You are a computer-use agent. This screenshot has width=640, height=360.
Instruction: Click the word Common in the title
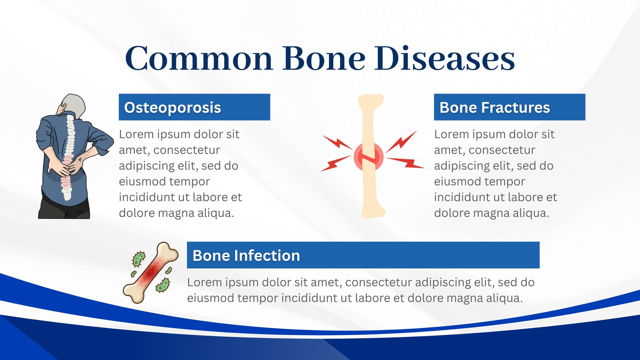point(199,58)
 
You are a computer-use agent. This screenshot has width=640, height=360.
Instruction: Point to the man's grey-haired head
point(72,105)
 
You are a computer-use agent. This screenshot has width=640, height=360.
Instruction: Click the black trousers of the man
point(64,207)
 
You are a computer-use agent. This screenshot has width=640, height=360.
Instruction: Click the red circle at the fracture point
point(368,156)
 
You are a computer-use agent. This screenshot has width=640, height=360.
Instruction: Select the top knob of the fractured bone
point(371,100)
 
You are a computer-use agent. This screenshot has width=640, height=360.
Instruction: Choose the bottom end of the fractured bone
point(373,212)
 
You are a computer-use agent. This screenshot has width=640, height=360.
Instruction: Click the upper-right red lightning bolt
point(402,142)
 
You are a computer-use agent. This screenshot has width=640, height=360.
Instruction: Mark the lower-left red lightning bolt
point(336,164)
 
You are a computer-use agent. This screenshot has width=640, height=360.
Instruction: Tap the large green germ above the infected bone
point(138,259)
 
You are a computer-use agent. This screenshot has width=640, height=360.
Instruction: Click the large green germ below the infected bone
point(163,285)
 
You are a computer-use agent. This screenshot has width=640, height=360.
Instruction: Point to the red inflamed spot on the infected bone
point(151,272)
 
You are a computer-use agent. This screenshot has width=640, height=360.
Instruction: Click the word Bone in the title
point(324,58)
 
